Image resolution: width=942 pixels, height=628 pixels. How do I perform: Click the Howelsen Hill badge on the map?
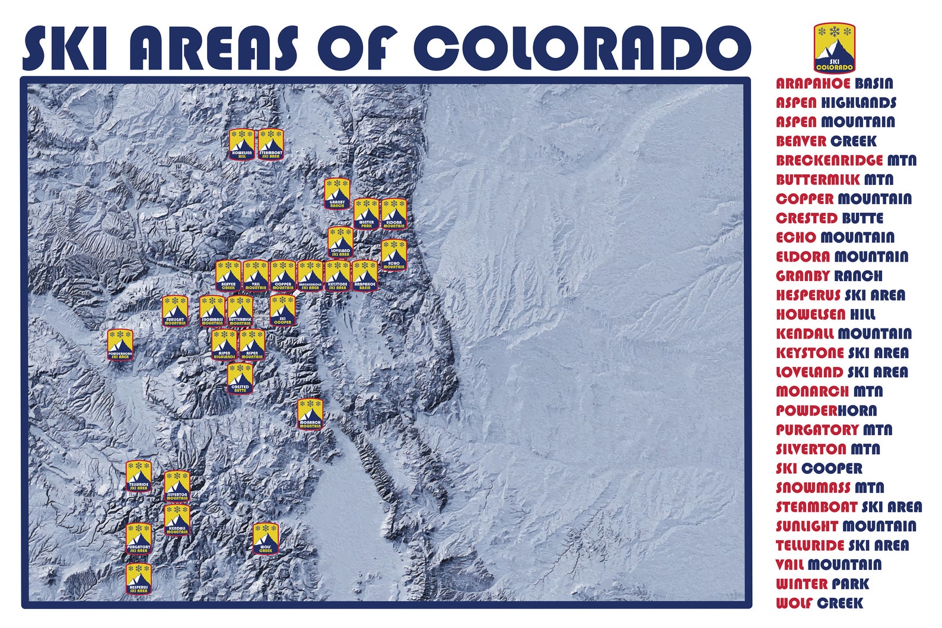click(x=242, y=144)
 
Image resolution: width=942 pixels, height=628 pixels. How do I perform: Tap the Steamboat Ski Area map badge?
click(x=270, y=144)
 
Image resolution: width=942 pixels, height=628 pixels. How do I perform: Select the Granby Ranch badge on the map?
click(x=336, y=193)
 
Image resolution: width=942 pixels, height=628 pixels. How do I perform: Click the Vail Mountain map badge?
click(x=256, y=275)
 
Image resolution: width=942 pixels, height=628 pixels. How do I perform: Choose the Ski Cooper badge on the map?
click(x=282, y=310)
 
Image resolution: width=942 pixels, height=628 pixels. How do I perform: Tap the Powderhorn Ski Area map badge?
click(x=120, y=345)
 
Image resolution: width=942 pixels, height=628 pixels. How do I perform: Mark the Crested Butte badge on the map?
click(x=240, y=378)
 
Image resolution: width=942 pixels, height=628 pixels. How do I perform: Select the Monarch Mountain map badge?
click(x=310, y=413)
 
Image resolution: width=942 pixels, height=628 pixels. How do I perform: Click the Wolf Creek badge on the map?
click(x=266, y=538)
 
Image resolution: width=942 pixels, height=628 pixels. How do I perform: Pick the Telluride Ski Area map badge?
click(x=139, y=476)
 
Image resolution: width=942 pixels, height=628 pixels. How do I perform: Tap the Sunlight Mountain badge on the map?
click(x=175, y=311)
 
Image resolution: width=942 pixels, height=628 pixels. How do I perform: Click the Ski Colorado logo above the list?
click(x=834, y=47)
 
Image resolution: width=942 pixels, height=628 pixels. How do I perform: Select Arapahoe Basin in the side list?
click(x=834, y=84)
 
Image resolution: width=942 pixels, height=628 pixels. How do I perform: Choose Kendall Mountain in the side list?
click(x=844, y=334)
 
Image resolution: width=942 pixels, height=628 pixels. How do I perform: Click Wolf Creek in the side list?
click(x=819, y=603)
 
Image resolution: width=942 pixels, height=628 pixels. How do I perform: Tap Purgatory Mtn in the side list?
click(x=833, y=430)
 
